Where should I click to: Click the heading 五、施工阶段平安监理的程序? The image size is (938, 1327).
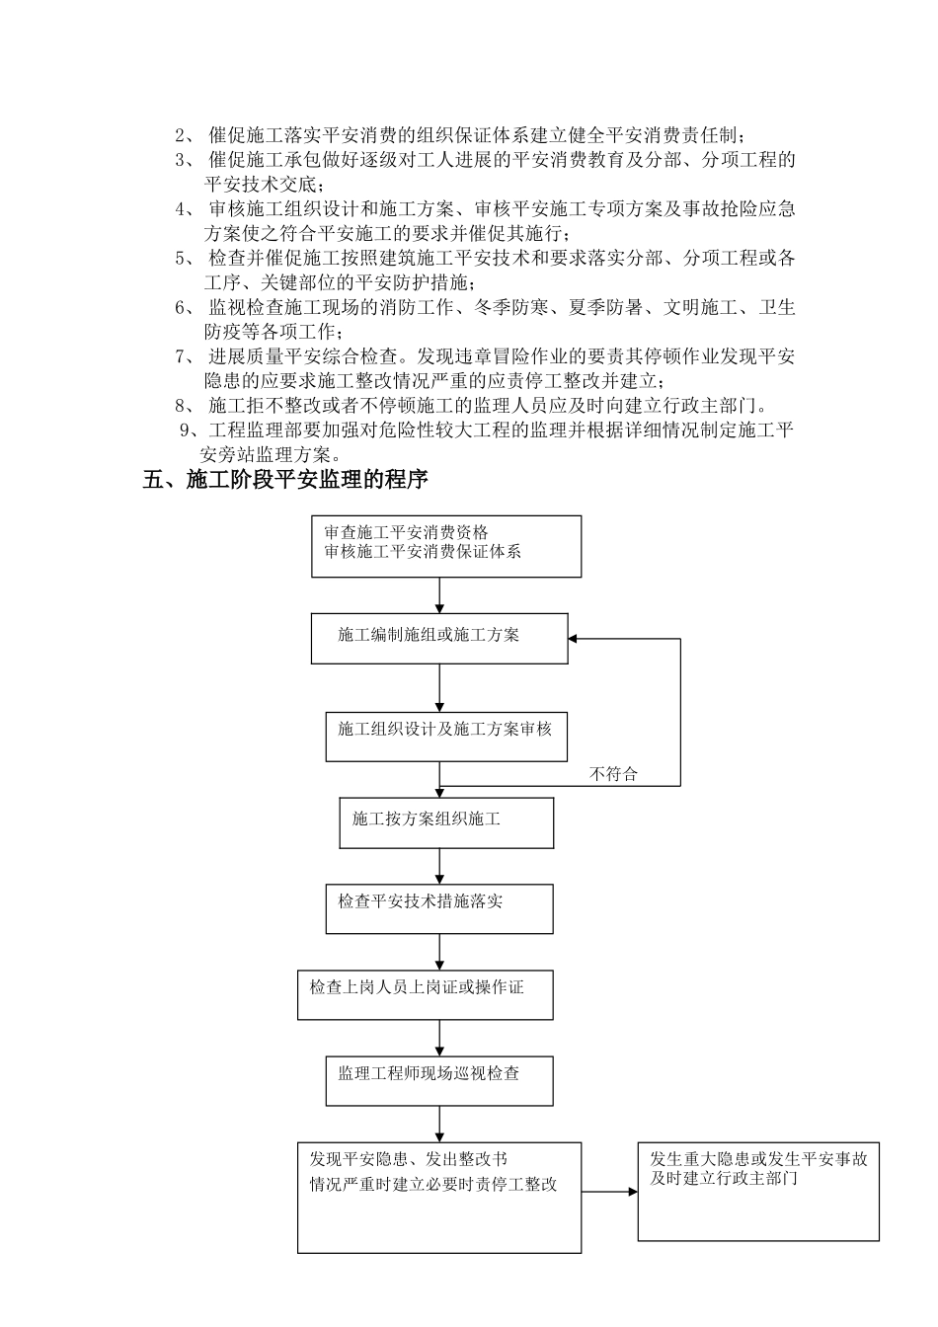pyautogui.click(x=285, y=481)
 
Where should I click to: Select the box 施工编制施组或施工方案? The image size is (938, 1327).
pyautogui.click(x=439, y=638)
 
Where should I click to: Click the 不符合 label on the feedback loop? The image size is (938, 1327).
pyautogui.click(x=613, y=774)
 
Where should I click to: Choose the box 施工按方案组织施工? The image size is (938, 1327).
pyautogui.click(x=446, y=822)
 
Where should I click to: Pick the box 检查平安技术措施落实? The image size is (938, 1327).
pyautogui.click(x=439, y=908)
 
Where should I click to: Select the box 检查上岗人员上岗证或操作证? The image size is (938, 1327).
pyautogui.click(x=425, y=994)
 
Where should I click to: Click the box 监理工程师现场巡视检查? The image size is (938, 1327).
pyautogui.click(x=439, y=1080)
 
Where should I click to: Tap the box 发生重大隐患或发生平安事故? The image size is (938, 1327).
pyautogui.click(x=757, y=1192)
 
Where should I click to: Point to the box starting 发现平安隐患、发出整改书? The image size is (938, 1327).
pyautogui.click(x=439, y=1198)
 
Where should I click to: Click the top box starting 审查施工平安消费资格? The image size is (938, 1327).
pyautogui.click(x=446, y=546)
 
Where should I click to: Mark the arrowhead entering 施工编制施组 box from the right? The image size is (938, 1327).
pyautogui.click(x=576, y=639)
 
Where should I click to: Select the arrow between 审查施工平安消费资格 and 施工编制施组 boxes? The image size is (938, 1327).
pyautogui.click(x=439, y=595)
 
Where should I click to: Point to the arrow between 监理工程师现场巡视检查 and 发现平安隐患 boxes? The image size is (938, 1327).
pyautogui.click(x=439, y=1124)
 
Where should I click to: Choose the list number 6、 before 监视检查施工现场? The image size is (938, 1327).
pyautogui.click(x=186, y=307)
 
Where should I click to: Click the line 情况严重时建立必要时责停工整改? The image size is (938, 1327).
pyautogui.click(x=433, y=1184)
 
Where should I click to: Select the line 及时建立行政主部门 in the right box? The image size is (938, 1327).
pyautogui.click(x=724, y=1179)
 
